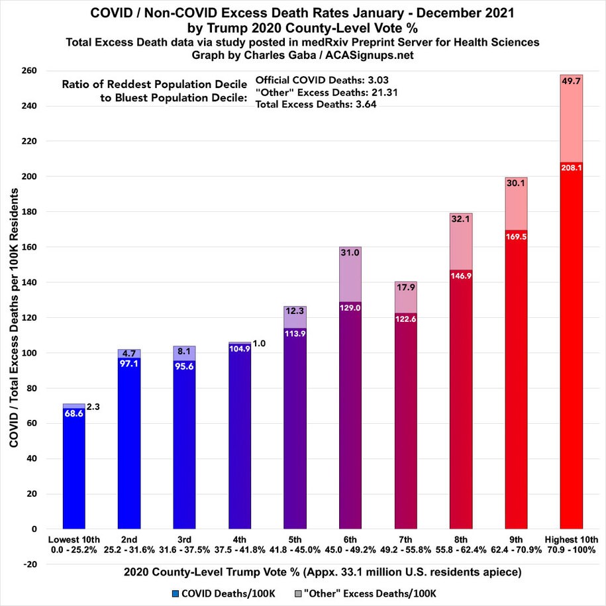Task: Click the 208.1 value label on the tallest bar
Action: coord(571,168)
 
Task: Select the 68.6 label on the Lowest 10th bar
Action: coord(74,413)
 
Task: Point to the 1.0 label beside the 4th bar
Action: coord(260,343)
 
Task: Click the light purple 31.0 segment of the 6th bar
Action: coord(350,275)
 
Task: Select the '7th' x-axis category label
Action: coord(405,538)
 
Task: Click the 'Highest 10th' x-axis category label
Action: coord(571,538)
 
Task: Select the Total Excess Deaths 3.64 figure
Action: coord(364,105)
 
